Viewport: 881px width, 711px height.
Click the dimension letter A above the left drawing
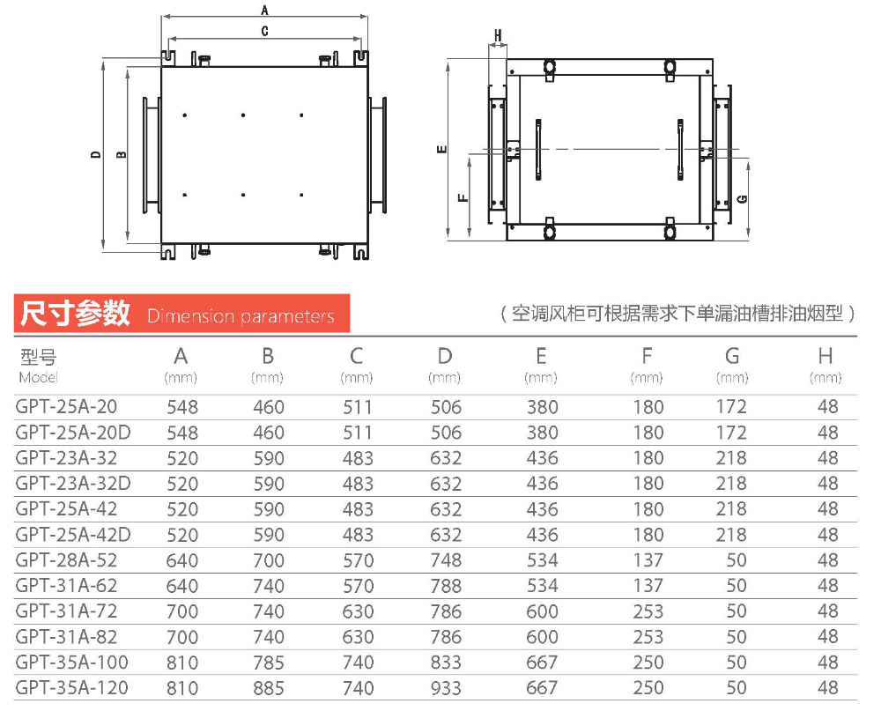(264, 10)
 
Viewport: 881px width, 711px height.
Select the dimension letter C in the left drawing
(264, 31)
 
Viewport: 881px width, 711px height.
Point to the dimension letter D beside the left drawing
(95, 154)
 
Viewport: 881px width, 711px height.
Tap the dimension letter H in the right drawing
(498, 36)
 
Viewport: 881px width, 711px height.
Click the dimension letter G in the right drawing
(742, 199)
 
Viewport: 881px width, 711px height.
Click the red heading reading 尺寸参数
(76, 314)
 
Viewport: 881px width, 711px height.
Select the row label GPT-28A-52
(66, 560)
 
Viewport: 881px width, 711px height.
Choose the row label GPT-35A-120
(71, 688)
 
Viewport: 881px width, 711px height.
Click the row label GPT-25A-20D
(73, 433)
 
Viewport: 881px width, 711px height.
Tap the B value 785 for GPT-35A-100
(269, 663)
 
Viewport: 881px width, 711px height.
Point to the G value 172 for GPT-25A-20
(730, 407)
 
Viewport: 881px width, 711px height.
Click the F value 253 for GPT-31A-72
(648, 611)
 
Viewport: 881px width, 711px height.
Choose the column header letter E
(541, 357)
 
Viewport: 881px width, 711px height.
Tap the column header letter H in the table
(825, 357)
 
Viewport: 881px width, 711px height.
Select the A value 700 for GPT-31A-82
(181, 637)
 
